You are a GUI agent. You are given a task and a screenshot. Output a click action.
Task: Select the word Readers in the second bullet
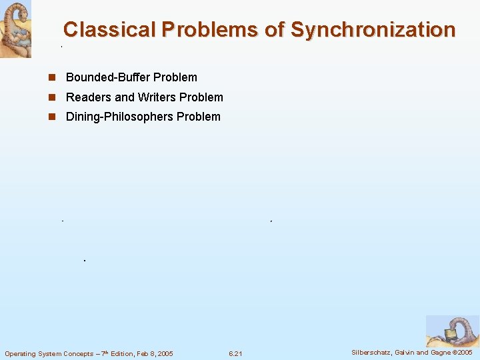point(89,97)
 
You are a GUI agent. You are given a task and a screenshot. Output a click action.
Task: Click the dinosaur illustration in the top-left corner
point(15,29)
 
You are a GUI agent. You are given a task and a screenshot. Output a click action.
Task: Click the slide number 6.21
point(235,353)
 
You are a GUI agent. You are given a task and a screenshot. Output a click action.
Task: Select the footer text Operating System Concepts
point(49,353)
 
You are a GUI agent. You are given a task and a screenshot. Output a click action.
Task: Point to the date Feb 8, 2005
point(153,353)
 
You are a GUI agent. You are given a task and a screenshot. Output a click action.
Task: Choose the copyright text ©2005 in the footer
point(465,352)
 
